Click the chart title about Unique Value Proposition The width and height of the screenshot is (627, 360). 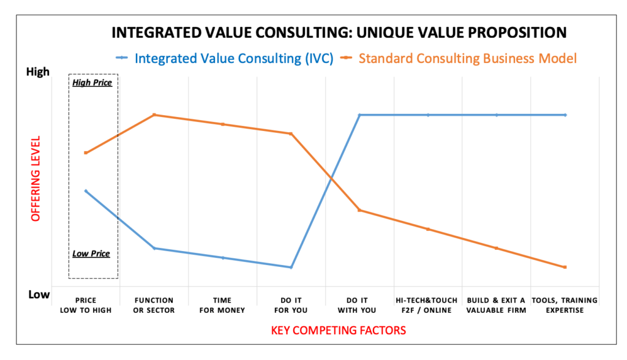(x=338, y=32)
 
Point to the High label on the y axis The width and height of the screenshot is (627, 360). (x=38, y=72)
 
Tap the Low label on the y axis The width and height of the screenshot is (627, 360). (x=39, y=294)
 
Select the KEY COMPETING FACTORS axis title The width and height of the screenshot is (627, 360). (x=338, y=331)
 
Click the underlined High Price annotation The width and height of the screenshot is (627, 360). (x=92, y=83)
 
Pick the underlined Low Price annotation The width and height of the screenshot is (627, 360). (x=91, y=253)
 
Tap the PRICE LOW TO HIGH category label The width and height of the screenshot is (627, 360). (x=86, y=306)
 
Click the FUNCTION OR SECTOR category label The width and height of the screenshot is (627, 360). (x=154, y=306)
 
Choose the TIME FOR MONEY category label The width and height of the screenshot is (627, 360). (x=222, y=306)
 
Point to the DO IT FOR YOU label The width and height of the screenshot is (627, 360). (x=291, y=306)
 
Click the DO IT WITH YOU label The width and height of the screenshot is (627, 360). (x=359, y=306)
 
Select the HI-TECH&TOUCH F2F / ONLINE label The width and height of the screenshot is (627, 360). (x=427, y=306)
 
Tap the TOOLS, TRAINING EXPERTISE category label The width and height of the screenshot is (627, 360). (x=565, y=306)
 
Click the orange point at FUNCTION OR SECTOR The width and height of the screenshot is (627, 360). (x=154, y=114)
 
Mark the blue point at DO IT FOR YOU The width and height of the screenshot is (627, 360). (x=291, y=267)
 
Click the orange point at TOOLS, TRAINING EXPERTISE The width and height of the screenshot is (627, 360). (x=565, y=267)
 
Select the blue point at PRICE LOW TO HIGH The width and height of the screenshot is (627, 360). (x=86, y=191)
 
